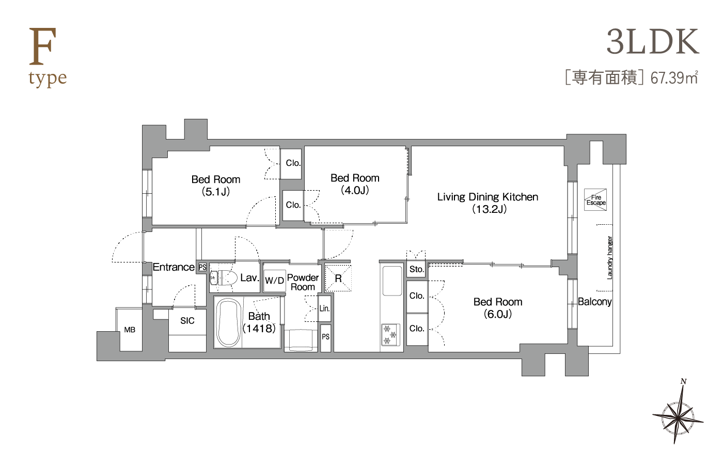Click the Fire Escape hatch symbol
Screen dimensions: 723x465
(x=595, y=200)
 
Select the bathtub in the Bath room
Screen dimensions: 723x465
(x=228, y=322)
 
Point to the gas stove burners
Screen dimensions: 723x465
(x=390, y=335)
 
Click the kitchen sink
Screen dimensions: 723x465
(x=392, y=281)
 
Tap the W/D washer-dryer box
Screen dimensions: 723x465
(x=274, y=280)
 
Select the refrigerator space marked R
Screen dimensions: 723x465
(x=338, y=278)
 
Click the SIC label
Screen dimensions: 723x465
(x=187, y=321)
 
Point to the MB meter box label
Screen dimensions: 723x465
(x=130, y=330)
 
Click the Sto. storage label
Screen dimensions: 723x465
(x=416, y=269)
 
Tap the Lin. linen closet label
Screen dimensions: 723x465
(x=324, y=308)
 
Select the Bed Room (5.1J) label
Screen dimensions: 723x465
(x=216, y=185)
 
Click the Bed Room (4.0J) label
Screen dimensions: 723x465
(x=355, y=184)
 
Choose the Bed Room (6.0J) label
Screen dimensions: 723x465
(x=498, y=308)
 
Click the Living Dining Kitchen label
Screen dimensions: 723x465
(x=488, y=203)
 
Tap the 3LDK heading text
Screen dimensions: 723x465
(x=653, y=42)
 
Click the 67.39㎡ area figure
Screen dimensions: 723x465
(x=674, y=78)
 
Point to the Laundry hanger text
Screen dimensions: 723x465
(x=610, y=258)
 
